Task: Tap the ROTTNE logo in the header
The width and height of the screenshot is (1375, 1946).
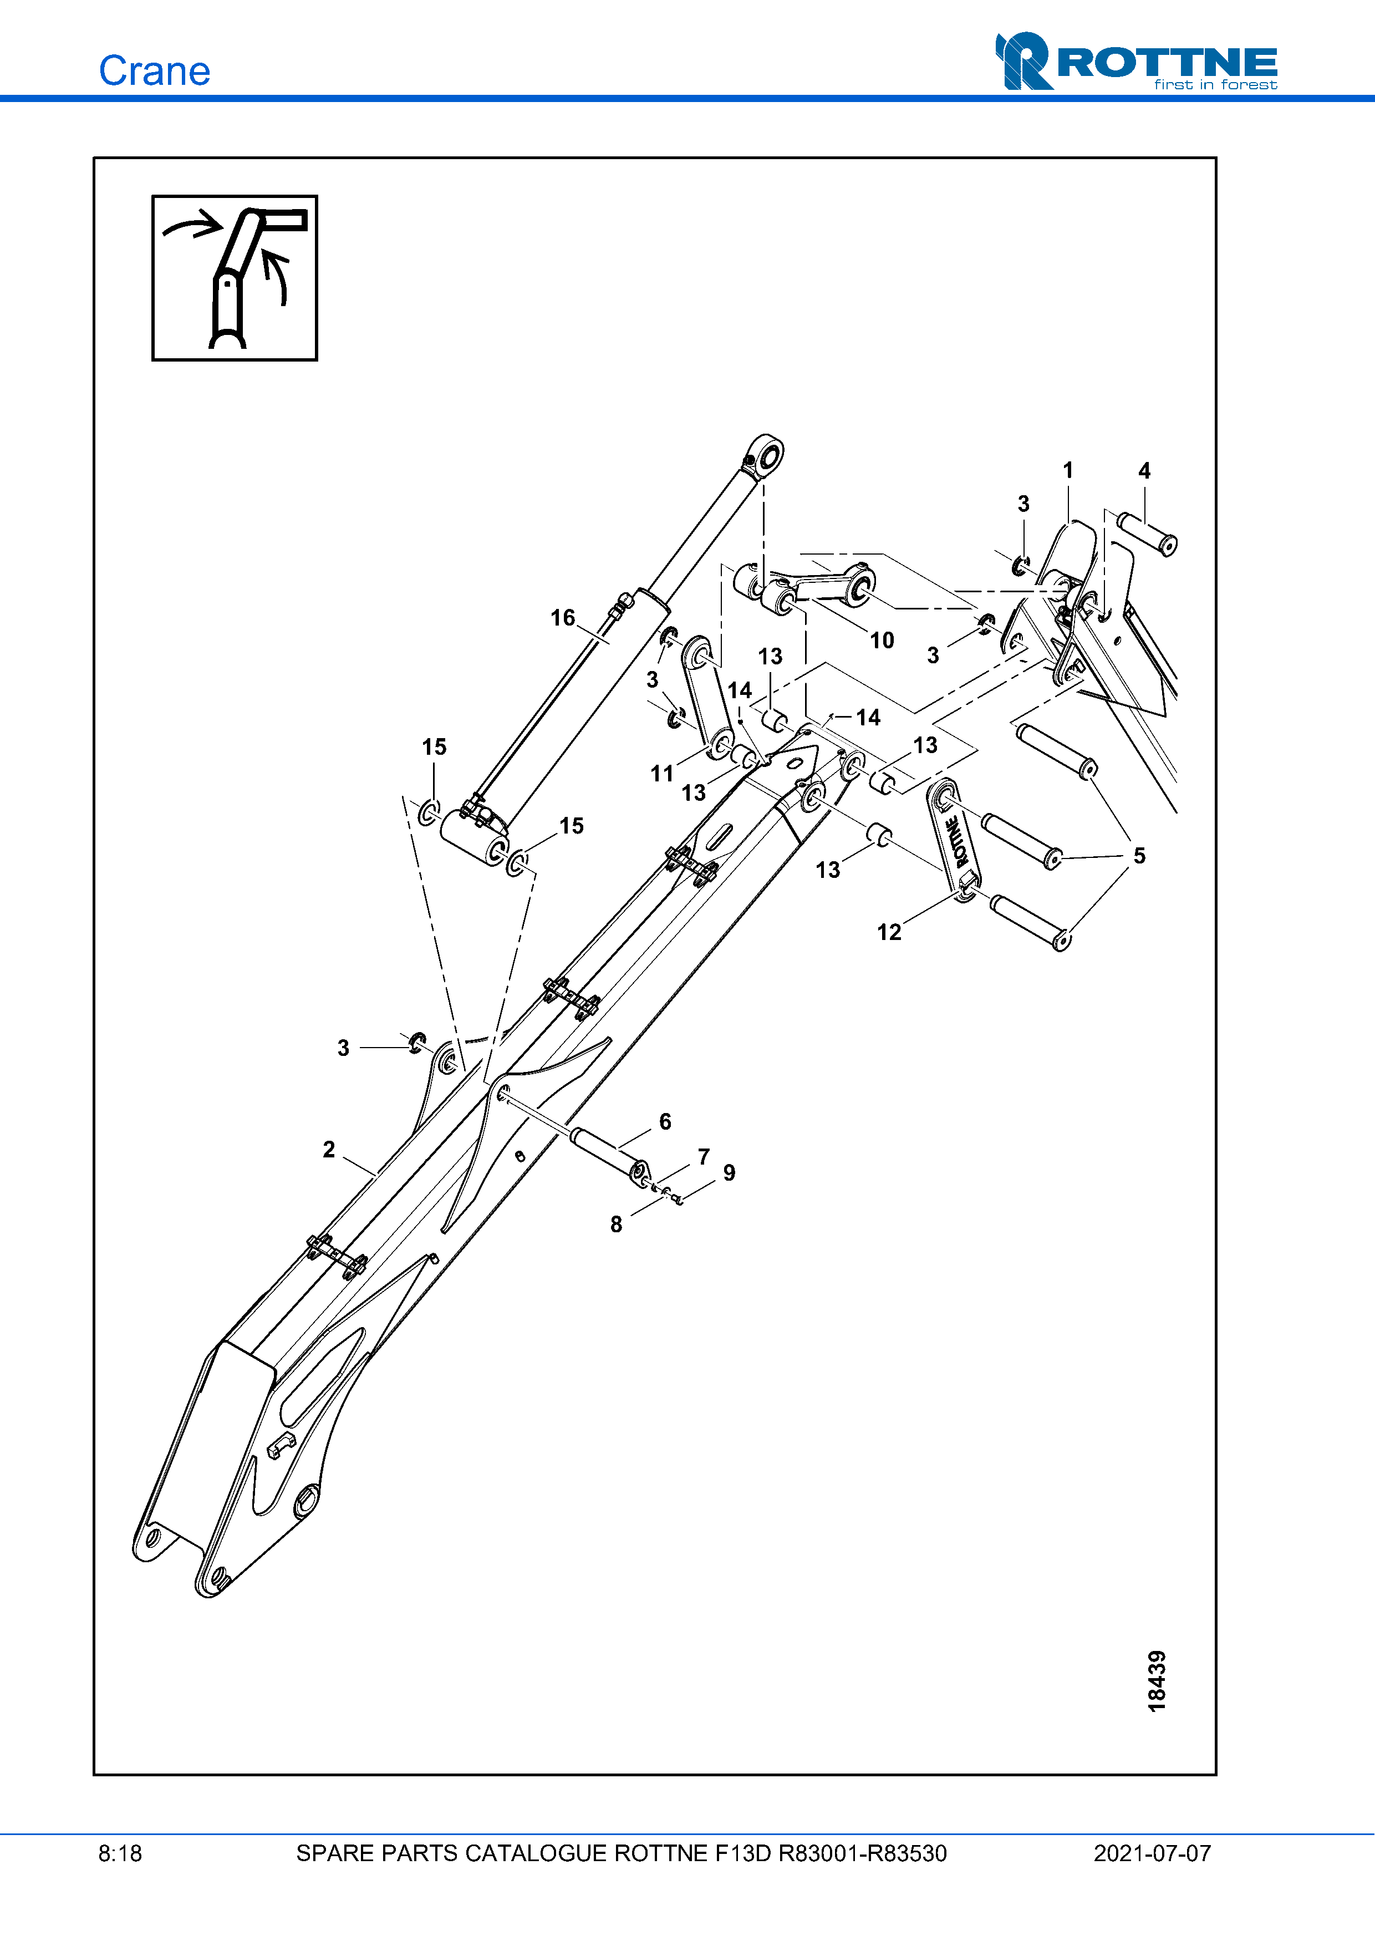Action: coord(1136,62)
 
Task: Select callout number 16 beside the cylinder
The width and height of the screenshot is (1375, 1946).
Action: coord(563,618)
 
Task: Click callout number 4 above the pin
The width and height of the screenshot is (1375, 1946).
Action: coord(1144,471)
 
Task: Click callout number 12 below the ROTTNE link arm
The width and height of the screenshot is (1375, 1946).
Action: coord(889,932)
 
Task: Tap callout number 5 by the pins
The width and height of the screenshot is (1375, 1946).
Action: coord(1139,856)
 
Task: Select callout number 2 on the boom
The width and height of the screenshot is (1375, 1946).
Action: coord(329,1149)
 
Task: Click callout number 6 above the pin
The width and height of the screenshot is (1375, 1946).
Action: coord(665,1122)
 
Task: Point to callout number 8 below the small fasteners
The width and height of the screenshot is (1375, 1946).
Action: coord(616,1224)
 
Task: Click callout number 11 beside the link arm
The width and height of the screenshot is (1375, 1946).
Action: coord(661,774)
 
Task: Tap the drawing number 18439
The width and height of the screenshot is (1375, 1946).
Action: coord(1157,1681)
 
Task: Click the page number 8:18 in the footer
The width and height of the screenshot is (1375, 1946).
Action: coord(120,1853)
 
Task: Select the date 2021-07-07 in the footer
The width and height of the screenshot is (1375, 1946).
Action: coord(1152,1853)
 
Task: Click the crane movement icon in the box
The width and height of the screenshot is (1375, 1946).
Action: coord(235,278)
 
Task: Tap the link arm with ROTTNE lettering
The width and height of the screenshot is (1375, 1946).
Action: coord(954,841)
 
